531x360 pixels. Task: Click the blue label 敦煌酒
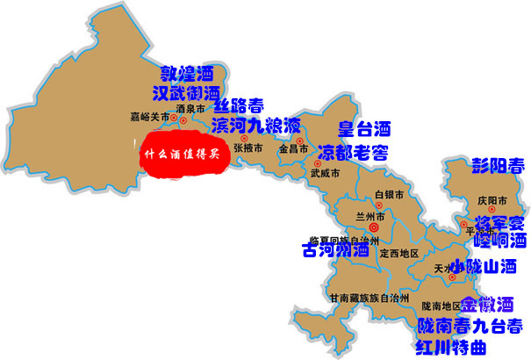[186, 73]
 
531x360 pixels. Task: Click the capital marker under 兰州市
[375, 227]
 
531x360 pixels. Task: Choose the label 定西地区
[396, 254]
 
